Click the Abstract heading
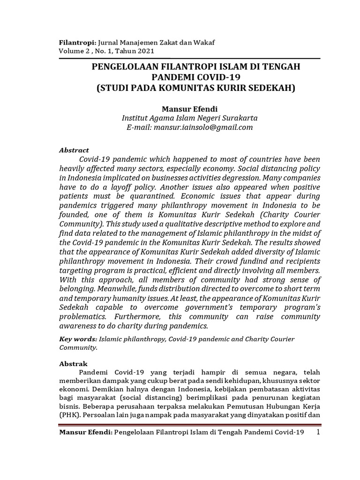click(x=74, y=150)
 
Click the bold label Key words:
click(x=77, y=339)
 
